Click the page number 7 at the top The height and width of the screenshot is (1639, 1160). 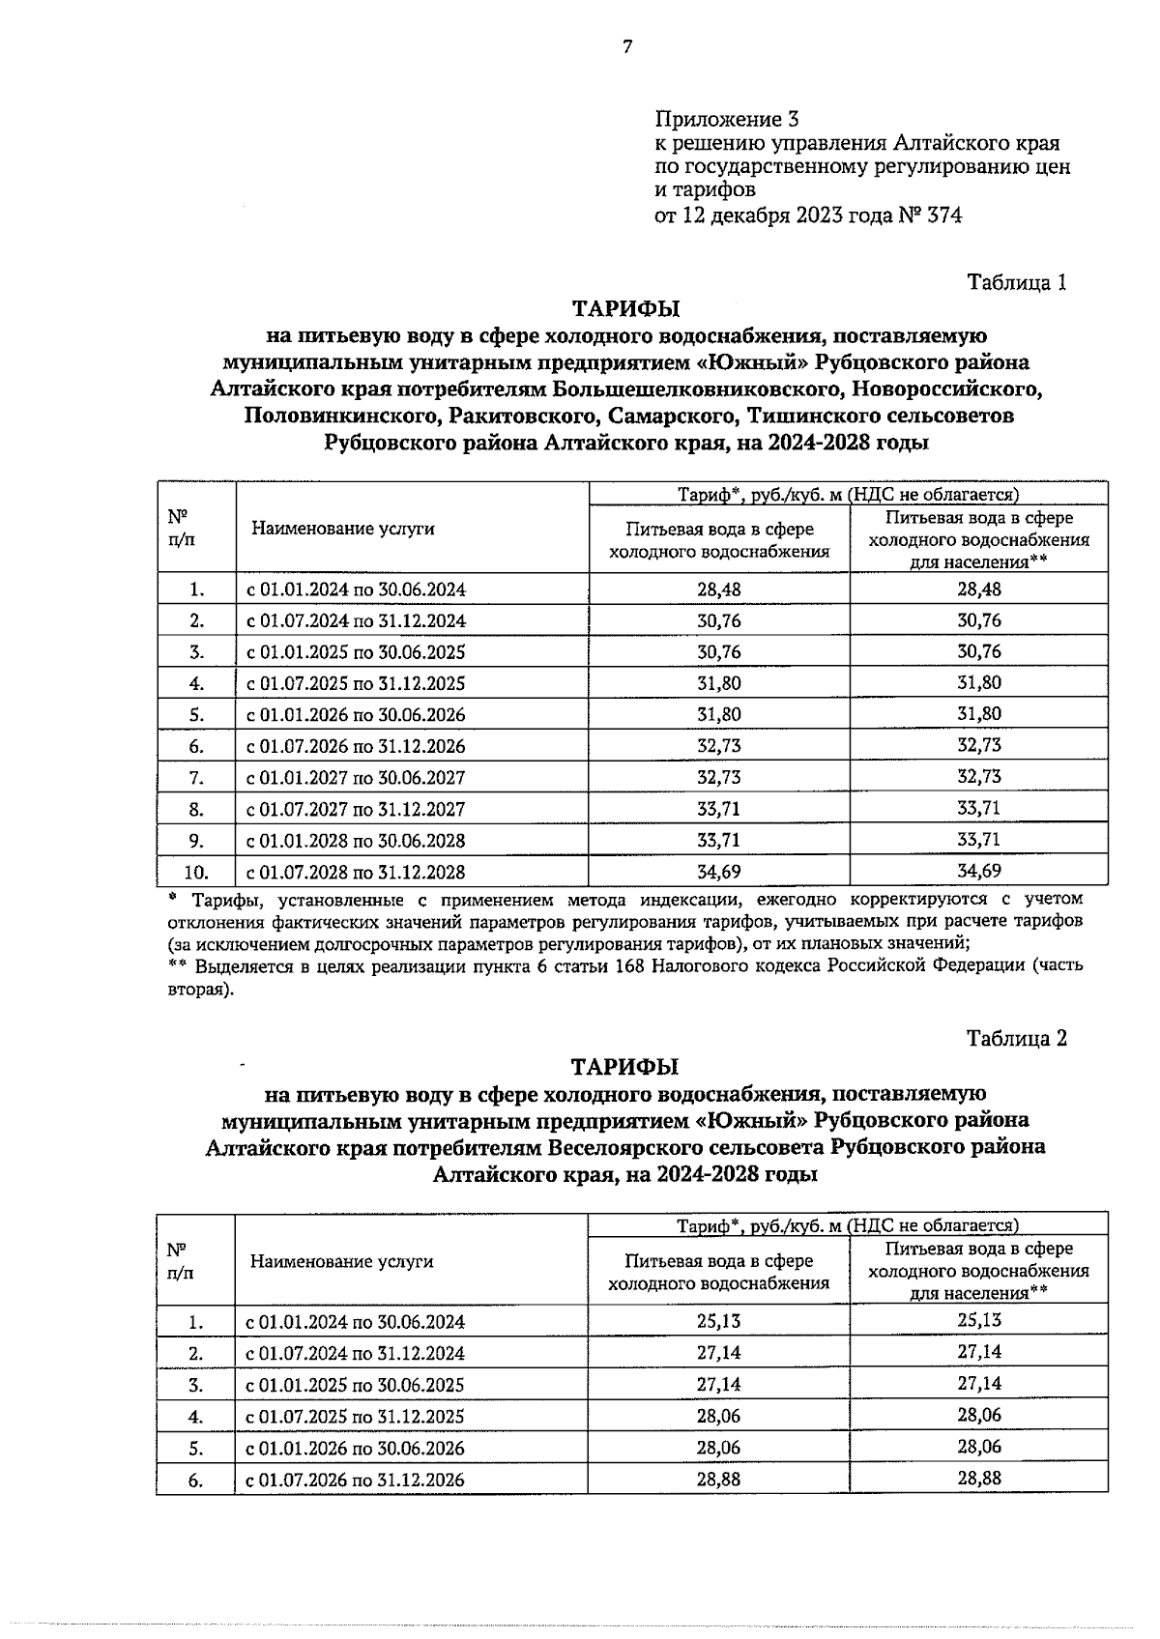point(626,46)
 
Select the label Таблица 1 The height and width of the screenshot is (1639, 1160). point(1017,282)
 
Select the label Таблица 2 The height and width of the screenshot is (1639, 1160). point(1017,1038)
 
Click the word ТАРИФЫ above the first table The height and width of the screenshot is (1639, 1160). point(625,309)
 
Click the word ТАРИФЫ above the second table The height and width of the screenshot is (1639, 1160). point(625,1067)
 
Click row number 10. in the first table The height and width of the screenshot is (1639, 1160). point(196,872)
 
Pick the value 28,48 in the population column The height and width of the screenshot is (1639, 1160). point(978,589)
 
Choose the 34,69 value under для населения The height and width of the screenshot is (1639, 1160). point(978,871)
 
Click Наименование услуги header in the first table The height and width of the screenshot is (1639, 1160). point(343,529)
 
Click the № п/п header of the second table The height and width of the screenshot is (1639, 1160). point(180,1260)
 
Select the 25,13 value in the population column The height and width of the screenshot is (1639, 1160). point(978,1320)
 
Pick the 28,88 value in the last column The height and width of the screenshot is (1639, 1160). point(978,1478)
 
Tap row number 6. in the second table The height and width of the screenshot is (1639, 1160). point(196,1480)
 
